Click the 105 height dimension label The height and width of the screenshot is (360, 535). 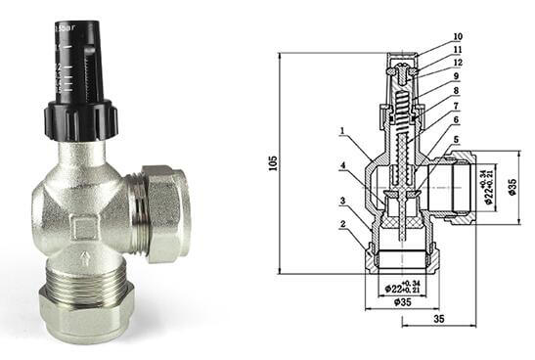(x=272, y=165)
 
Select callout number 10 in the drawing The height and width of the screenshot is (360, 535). (x=458, y=38)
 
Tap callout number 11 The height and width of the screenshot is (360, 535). (x=458, y=51)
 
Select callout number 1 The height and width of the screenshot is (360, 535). (x=343, y=130)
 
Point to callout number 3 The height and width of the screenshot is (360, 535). (x=343, y=202)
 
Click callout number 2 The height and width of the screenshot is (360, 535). (x=343, y=224)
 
